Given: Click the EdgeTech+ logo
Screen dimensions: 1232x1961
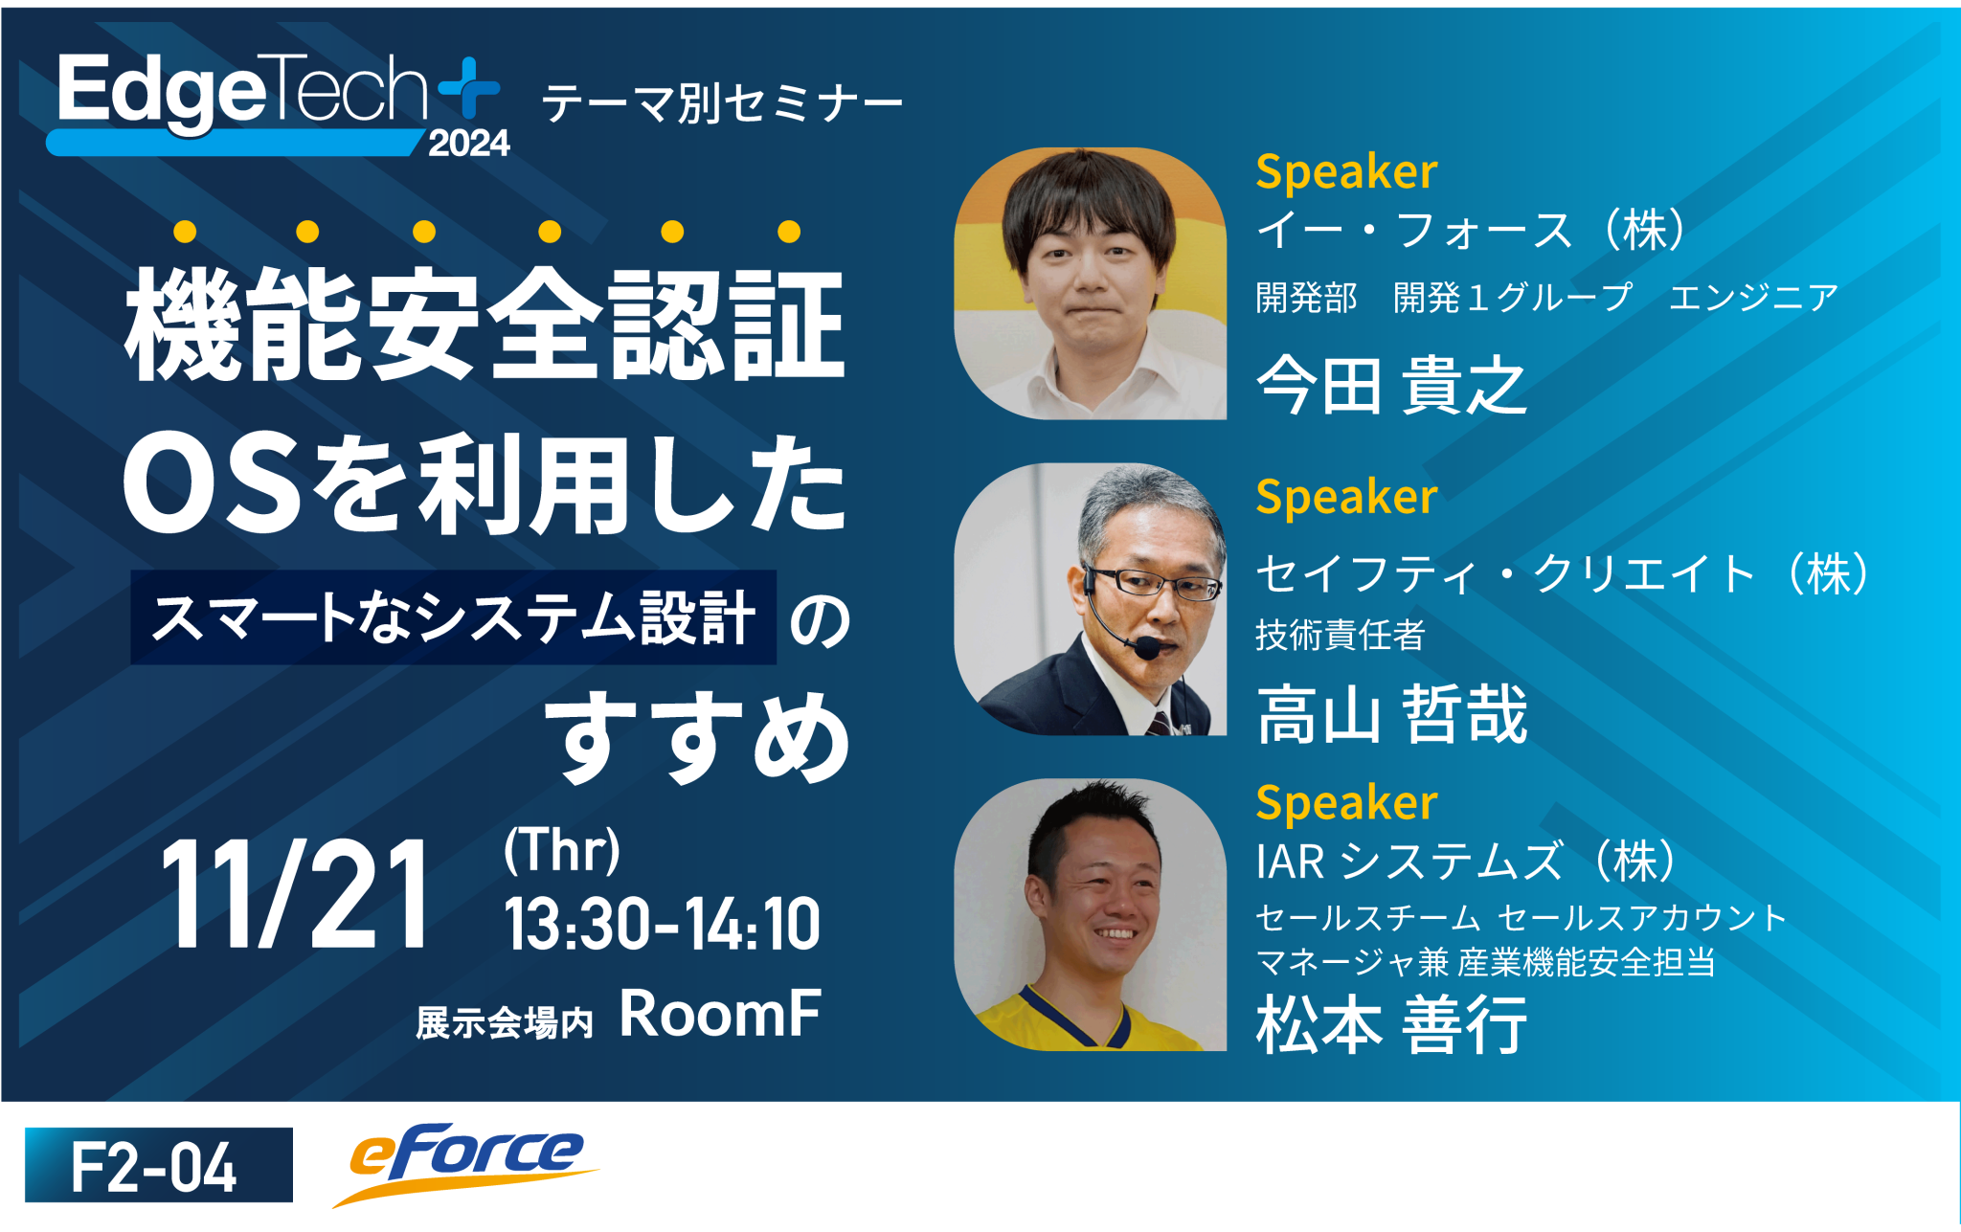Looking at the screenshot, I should click(273, 96).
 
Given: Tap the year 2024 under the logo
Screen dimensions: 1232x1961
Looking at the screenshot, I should click(468, 144).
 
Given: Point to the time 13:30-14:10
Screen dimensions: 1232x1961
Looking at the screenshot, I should click(662, 925).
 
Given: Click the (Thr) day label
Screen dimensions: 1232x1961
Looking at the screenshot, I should click(562, 849).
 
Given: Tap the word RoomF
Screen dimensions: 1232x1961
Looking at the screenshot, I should click(720, 1014).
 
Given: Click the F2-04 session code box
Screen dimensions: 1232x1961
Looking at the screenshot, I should click(159, 1165).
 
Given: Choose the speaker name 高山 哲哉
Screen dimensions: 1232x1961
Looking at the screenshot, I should click(1391, 715).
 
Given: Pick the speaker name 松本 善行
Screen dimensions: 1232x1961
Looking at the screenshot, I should click(1391, 1025).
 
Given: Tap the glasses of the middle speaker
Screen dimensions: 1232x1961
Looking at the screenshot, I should click(1154, 582).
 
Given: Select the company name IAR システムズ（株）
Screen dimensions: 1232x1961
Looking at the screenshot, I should click(1466, 861).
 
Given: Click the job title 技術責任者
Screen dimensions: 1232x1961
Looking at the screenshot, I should click(1340, 635).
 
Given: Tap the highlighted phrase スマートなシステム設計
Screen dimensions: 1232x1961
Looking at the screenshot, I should click(453, 617).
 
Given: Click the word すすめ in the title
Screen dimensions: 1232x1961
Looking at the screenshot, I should click(698, 738).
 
